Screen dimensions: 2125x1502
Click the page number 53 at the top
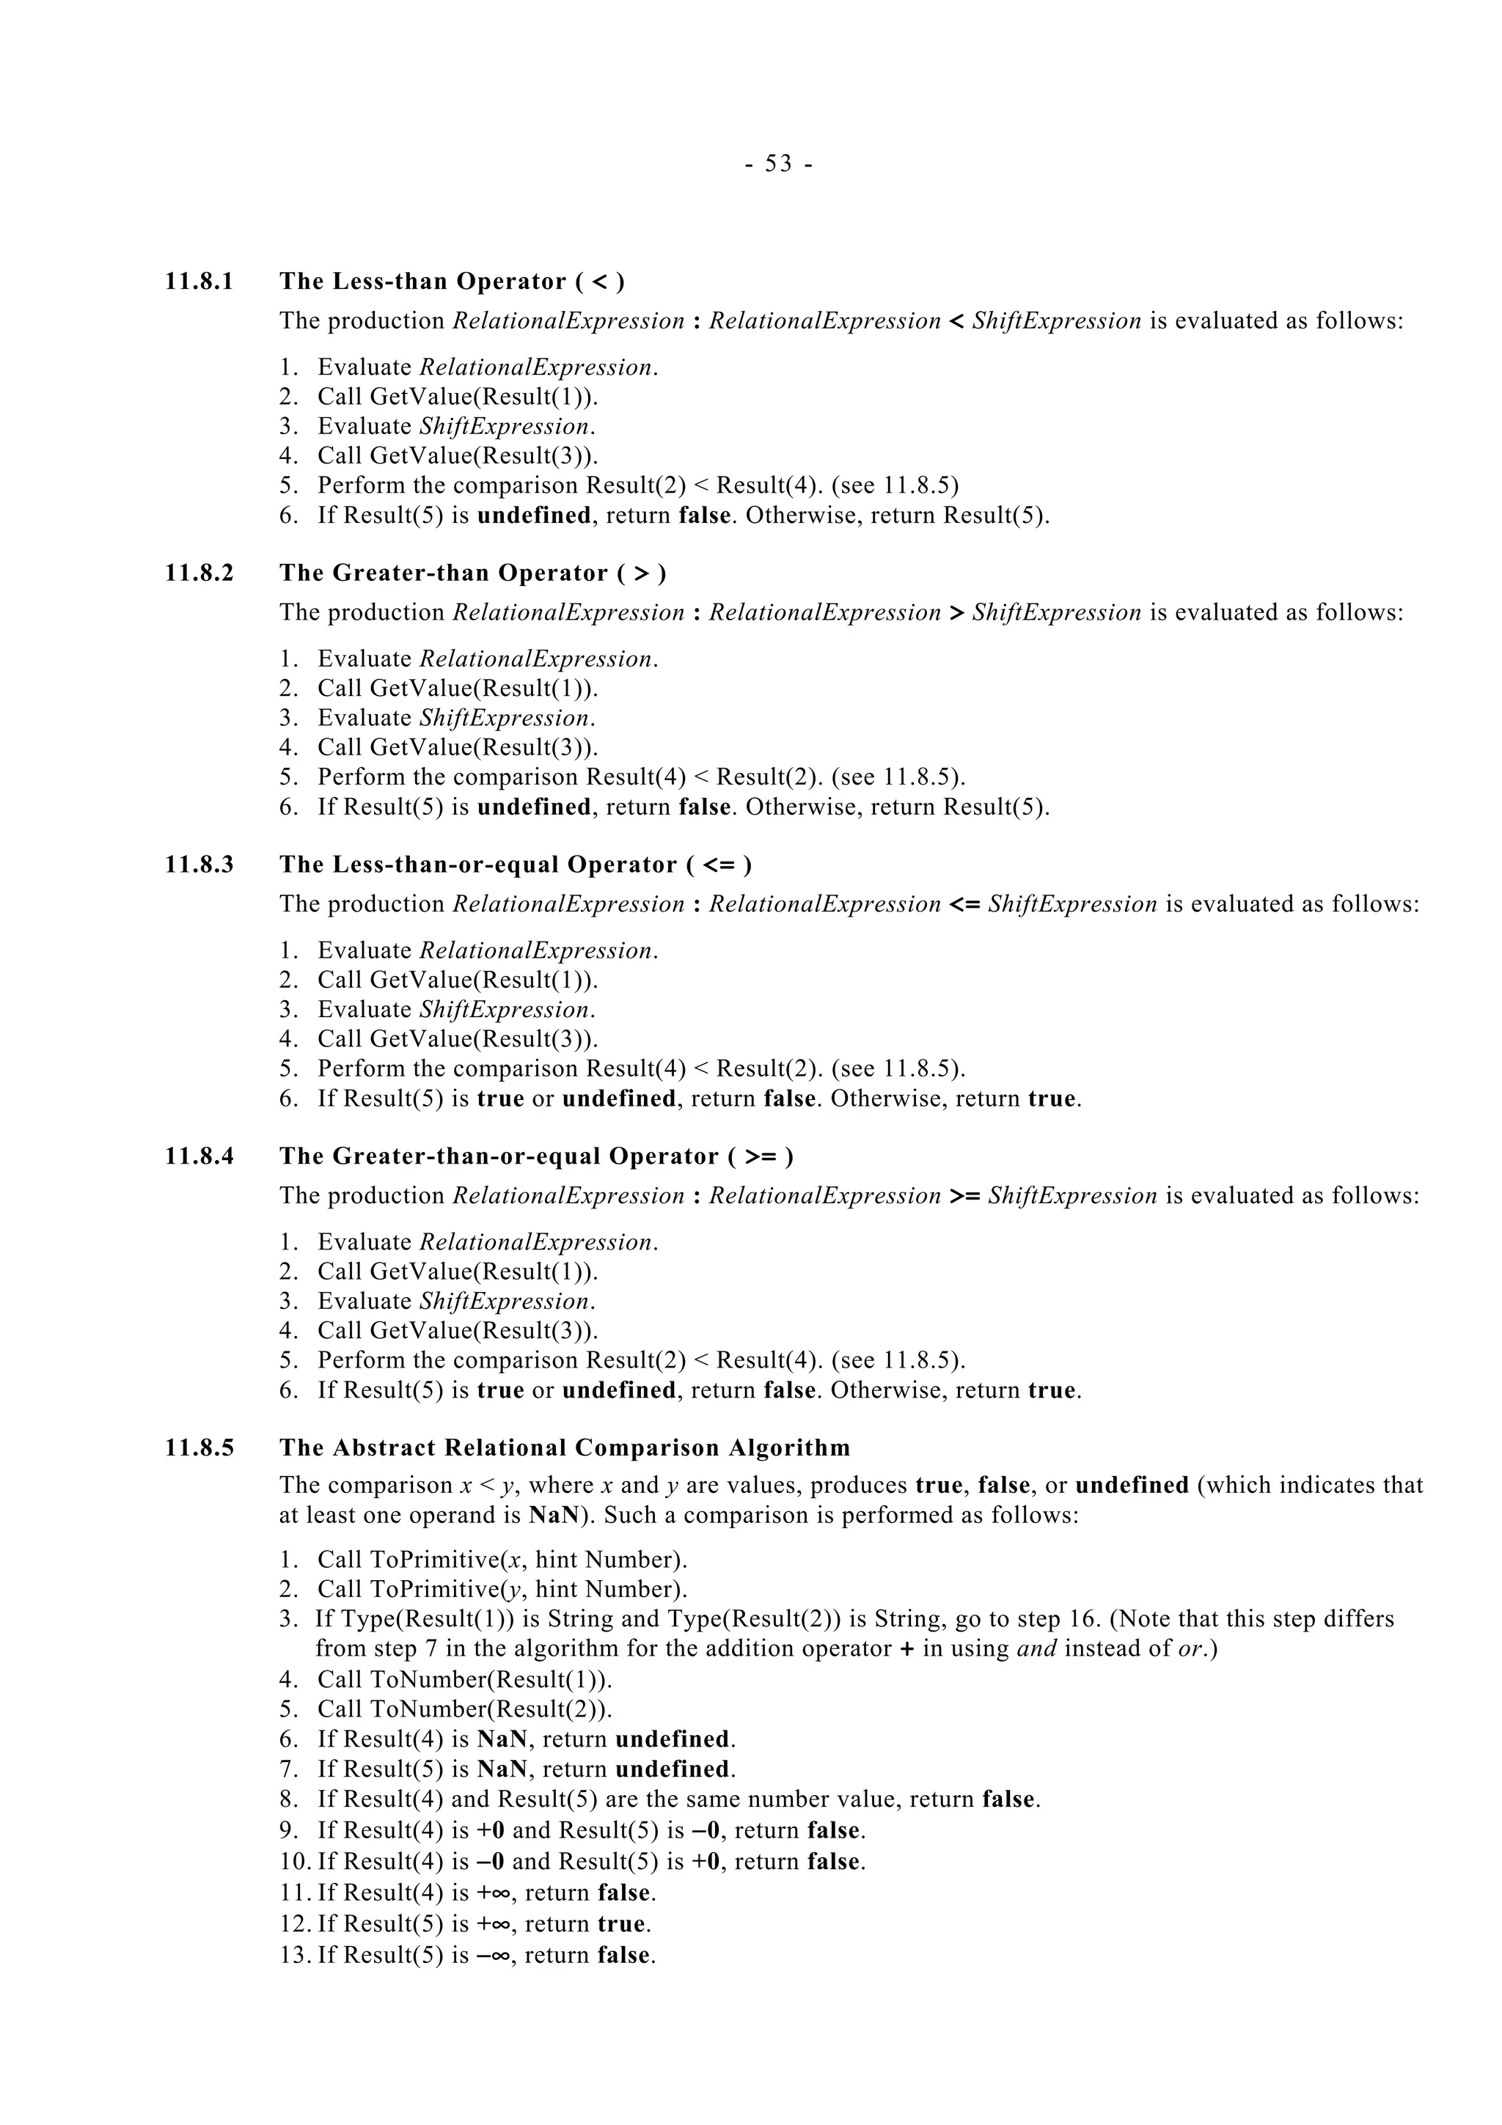pos(779,164)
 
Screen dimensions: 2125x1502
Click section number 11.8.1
pos(199,282)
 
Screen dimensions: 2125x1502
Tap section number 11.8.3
pos(199,865)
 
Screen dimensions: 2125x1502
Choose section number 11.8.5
pos(199,1447)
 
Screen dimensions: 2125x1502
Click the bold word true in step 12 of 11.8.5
pos(621,1923)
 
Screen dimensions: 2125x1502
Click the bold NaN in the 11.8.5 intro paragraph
pos(549,1515)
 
